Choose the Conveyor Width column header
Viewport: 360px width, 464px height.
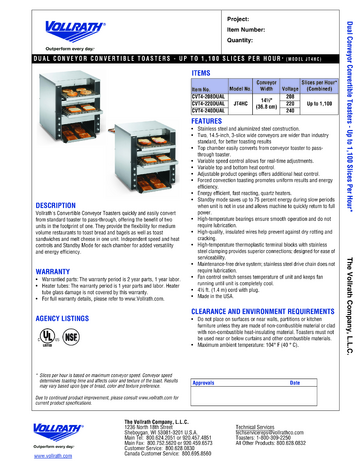click(x=268, y=85)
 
